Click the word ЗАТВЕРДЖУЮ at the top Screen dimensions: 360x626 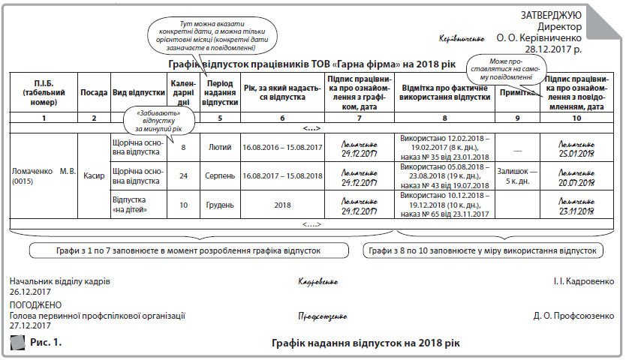(x=551, y=15)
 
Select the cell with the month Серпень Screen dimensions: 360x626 (x=220, y=175)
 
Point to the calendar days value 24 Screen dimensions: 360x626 (x=183, y=175)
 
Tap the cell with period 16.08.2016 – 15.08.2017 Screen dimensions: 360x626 (x=281, y=148)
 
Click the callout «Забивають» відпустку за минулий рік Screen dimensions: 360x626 (x=160, y=120)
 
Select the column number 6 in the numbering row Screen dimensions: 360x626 (x=281, y=118)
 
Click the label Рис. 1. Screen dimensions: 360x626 (x=46, y=342)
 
